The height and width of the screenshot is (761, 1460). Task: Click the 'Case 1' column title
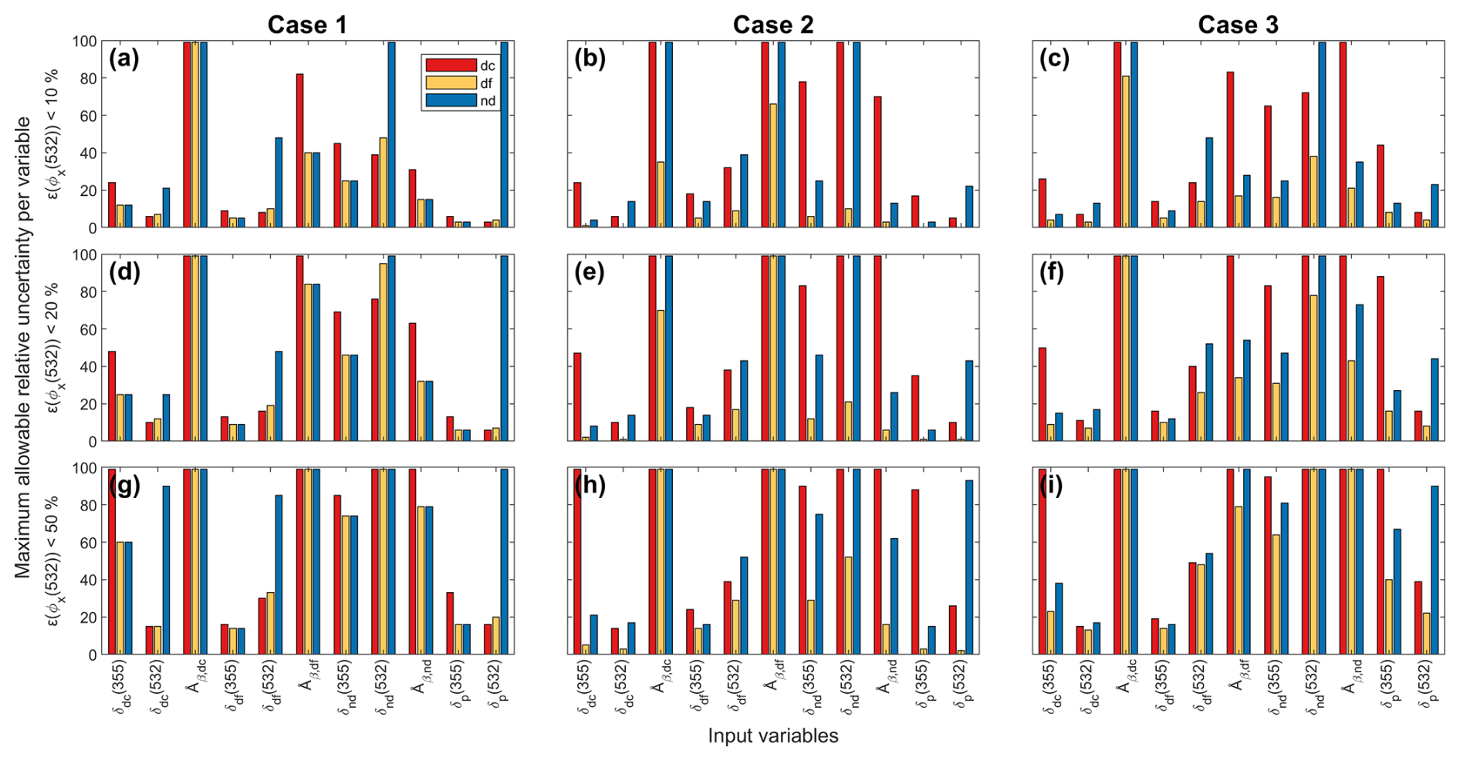307,25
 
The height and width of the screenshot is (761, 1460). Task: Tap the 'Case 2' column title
772,25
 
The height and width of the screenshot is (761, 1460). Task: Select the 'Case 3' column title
1238,25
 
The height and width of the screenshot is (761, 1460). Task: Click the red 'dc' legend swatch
451,66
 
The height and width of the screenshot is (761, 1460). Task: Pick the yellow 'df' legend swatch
451,83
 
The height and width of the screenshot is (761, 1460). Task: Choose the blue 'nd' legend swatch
451,101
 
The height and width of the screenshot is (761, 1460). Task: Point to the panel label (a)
124,59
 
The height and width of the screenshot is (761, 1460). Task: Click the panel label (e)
590,272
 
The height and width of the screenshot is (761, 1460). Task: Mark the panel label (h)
590,486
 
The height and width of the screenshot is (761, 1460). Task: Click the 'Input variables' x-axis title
772,736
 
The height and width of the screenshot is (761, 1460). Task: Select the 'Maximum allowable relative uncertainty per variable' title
23,347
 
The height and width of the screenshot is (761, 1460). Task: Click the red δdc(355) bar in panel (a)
112,205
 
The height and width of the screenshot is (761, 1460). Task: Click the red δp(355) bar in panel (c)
1381,186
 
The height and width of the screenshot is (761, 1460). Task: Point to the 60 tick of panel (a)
90,116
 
